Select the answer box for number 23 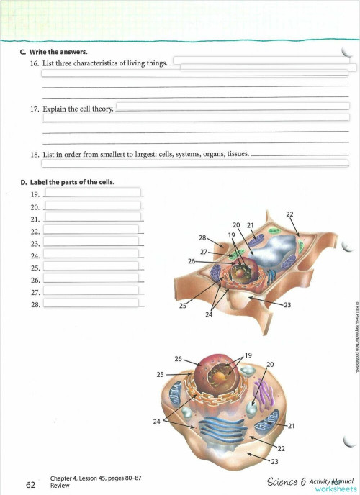(91, 242)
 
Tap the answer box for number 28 (91, 303)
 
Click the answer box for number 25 (91, 266)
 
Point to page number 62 (30, 485)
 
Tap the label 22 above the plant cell (289, 214)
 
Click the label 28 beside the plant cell (202, 237)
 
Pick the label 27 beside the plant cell (204, 251)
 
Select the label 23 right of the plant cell (287, 306)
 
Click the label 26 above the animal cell (177, 358)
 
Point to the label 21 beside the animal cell (292, 427)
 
